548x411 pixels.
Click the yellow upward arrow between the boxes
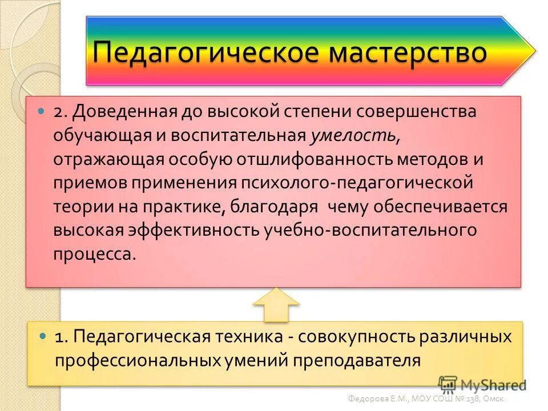[x=276, y=304]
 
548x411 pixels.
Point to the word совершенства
[x=416, y=111]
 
